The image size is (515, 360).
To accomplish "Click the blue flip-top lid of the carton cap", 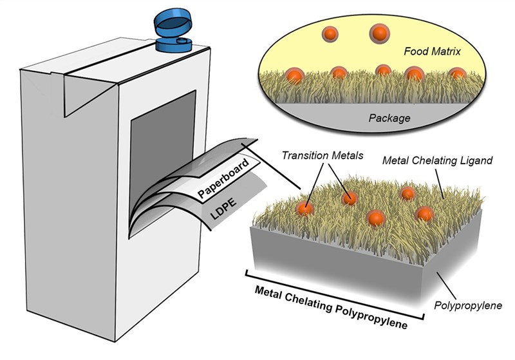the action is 173,23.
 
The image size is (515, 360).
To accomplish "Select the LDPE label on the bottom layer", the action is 223,209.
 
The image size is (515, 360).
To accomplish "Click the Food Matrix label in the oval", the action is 432,52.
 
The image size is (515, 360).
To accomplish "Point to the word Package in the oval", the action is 389,118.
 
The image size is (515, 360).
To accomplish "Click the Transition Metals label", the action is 323,155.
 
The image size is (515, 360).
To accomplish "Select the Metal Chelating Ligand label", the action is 438,160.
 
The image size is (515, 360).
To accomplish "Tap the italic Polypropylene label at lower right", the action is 468,305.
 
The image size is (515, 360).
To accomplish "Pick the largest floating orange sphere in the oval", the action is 379,33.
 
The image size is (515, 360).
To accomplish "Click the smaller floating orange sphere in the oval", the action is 330,34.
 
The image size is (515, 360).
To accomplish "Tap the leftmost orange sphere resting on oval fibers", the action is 294,76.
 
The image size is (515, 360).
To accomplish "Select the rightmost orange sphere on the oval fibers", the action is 457,74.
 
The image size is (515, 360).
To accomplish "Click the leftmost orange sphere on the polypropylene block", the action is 304,209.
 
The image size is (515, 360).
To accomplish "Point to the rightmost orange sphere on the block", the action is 424,214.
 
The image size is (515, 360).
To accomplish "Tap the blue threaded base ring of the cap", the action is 173,44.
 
